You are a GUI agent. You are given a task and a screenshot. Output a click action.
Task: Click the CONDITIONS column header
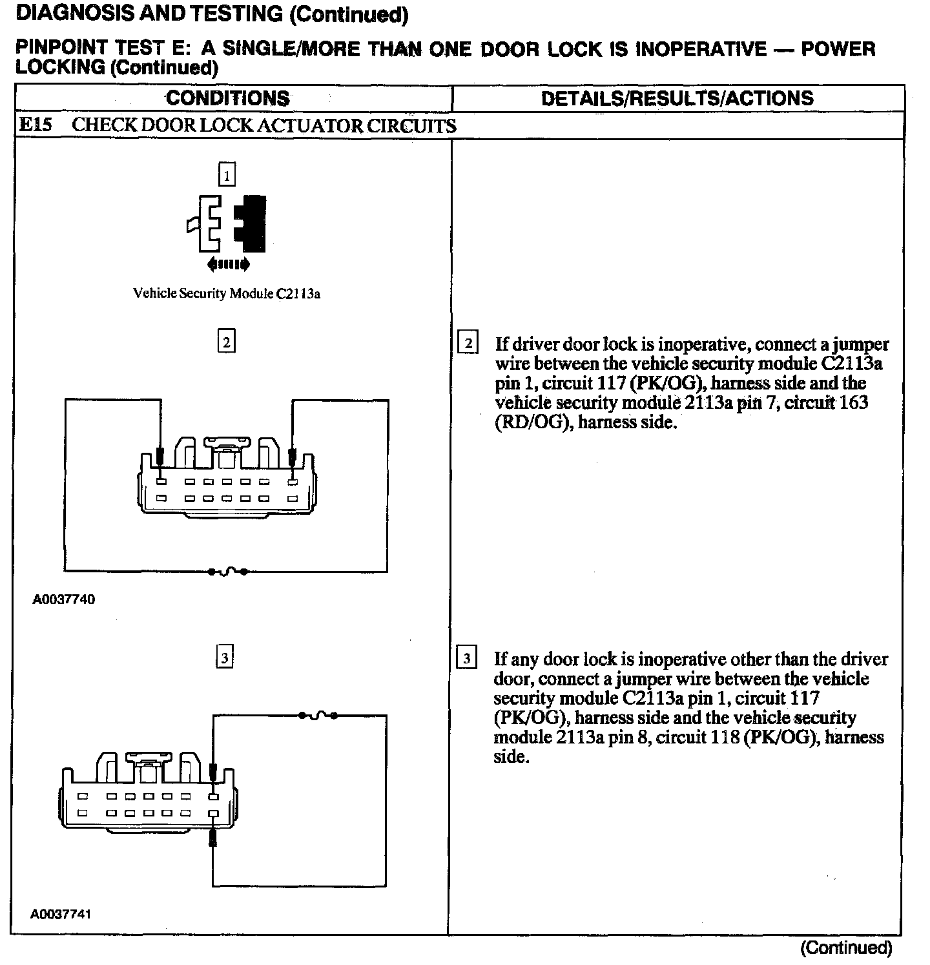pos(227,98)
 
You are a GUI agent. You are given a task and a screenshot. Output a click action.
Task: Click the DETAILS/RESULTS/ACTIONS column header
pos(677,98)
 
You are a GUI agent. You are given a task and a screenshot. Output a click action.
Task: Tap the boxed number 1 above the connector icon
pos(227,174)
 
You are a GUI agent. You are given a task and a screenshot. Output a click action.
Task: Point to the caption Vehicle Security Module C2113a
pos(227,293)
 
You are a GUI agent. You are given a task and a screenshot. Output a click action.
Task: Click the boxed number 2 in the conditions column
pos(226,342)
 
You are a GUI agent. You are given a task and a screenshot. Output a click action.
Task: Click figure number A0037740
pos(63,599)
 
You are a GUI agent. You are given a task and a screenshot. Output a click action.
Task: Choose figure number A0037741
pos(61,915)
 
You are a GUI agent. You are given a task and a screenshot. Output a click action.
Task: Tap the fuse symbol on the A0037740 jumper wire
pos(227,572)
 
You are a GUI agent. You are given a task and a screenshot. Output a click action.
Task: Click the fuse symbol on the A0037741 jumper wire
pos(318,715)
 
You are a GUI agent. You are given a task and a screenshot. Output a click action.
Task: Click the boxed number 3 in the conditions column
pos(224,658)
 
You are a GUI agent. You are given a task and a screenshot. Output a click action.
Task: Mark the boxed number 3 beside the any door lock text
pos(466,659)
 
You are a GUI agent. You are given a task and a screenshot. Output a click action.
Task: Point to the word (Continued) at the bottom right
pos(846,948)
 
